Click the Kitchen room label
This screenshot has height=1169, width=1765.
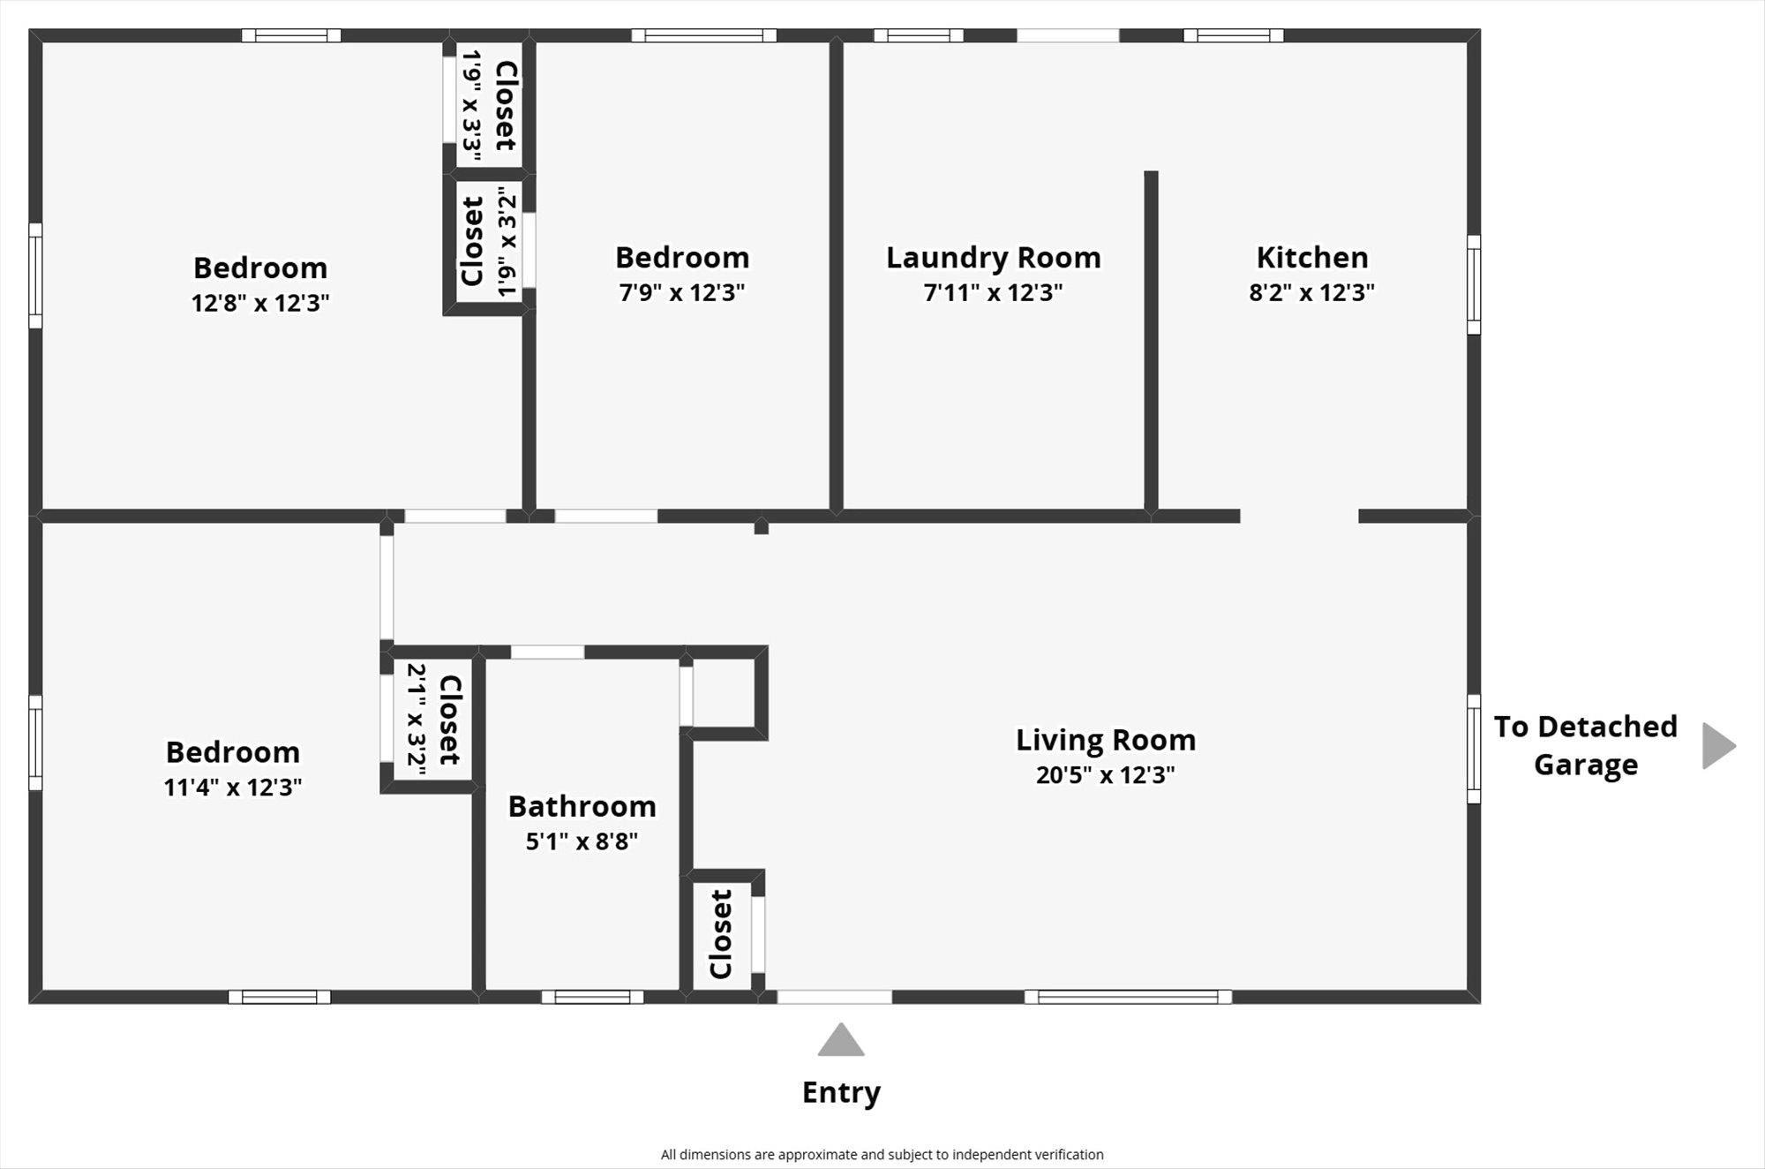click(x=1312, y=258)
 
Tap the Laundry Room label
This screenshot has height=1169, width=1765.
click(x=994, y=258)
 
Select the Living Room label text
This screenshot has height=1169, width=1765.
click(x=1106, y=740)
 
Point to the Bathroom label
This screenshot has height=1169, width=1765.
click(x=582, y=807)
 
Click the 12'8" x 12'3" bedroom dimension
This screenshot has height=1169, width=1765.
click(x=260, y=303)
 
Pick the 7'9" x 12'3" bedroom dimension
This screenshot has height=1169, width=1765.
click(x=682, y=292)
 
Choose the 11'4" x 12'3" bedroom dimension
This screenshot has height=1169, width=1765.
click(x=233, y=787)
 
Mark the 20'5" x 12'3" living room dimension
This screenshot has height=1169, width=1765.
click(x=1106, y=775)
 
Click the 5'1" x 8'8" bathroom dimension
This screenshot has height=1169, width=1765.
click(x=582, y=841)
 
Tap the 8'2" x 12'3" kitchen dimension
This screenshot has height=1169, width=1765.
click(x=1312, y=292)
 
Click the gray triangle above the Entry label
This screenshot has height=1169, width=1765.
click(x=841, y=1041)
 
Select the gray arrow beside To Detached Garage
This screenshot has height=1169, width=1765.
click(x=1717, y=746)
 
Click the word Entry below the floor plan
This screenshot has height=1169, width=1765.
click(x=841, y=1093)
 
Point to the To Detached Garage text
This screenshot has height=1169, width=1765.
click(x=1586, y=745)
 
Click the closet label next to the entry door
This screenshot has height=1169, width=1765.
click(x=721, y=934)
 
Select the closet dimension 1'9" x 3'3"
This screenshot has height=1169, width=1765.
click(x=472, y=105)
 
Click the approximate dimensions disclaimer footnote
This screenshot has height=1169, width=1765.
click(x=882, y=1155)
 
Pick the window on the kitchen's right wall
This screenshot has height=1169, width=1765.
click(x=1474, y=284)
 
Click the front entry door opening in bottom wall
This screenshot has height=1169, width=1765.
click(x=834, y=998)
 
